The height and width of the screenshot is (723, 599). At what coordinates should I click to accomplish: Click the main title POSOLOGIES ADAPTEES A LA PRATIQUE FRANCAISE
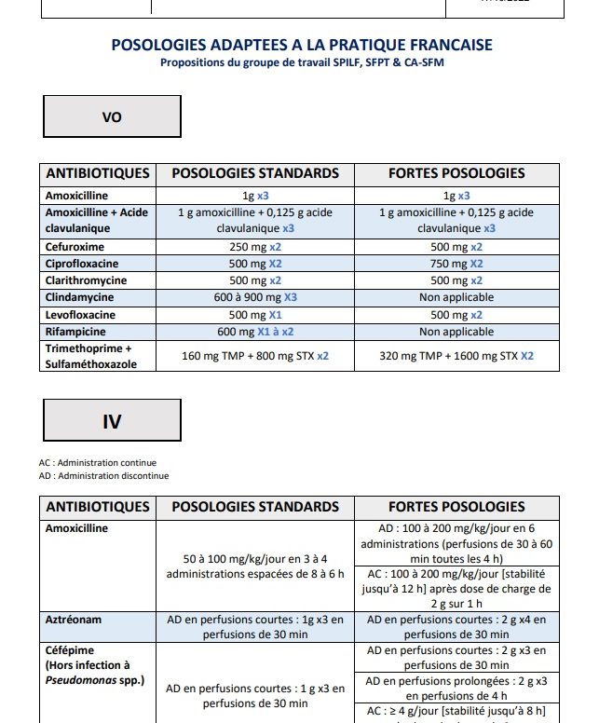pyautogui.click(x=302, y=45)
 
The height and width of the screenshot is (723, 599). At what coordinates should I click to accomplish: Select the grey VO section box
pyautogui.click(x=112, y=116)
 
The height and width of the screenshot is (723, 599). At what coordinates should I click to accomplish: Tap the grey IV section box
pyautogui.click(x=112, y=421)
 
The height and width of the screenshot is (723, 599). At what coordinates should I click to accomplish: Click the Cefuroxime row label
pyautogui.click(x=75, y=247)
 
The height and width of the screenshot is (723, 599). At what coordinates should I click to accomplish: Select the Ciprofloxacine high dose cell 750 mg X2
pyautogui.click(x=456, y=264)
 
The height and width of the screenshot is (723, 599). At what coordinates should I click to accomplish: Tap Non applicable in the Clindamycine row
pyautogui.click(x=456, y=297)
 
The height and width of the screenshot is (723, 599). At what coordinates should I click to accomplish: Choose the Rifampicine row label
pyautogui.click(x=77, y=332)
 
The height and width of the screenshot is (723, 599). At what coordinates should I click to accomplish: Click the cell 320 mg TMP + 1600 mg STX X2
pyautogui.click(x=456, y=356)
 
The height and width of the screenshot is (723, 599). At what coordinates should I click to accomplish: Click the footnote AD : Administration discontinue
pyautogui.click(x=104, y=476)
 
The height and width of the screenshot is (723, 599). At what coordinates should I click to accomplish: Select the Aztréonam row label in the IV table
pyautogui.click(x=74, y=619)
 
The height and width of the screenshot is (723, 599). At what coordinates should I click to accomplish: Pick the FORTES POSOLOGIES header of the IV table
pyautogui.click(x=456, y=507)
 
